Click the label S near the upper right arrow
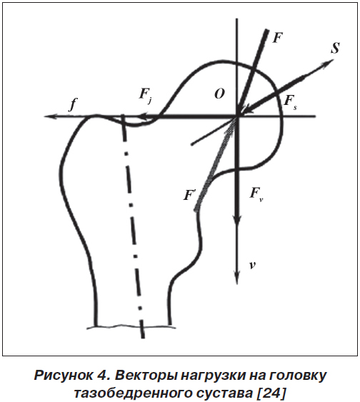335,48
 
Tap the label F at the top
277,38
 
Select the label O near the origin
219,94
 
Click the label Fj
146,95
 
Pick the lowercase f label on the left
73,104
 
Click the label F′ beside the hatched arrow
189,196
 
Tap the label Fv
256,194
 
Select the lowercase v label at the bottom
253,266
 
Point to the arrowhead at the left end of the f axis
49,116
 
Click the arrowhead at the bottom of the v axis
236,278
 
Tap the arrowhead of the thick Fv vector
236,221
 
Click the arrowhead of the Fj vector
144,117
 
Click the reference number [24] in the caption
271,393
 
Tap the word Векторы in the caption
145,376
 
